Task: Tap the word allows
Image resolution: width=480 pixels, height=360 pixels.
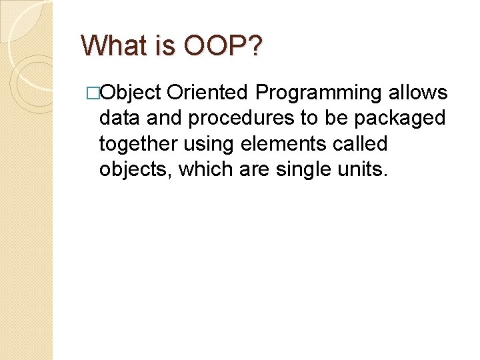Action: pos(418,93)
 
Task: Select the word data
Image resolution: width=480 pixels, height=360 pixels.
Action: pos(119,118)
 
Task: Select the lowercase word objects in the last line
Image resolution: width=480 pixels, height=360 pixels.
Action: pos(136,171)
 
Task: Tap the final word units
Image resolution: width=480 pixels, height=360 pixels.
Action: pos(364,169)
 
